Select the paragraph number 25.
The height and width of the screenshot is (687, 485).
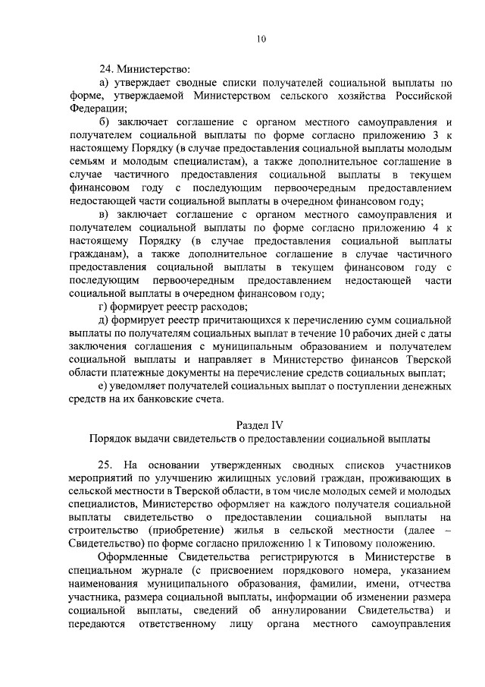point(107,465)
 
